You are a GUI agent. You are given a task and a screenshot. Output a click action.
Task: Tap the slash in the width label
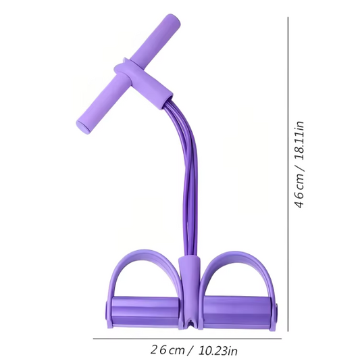[190, 350]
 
